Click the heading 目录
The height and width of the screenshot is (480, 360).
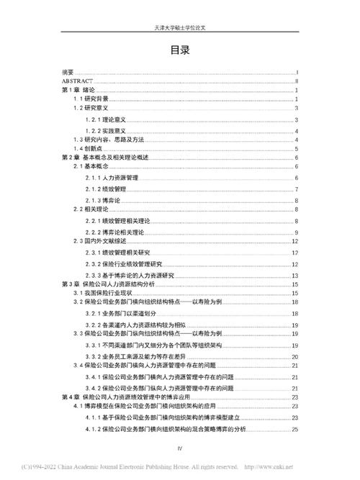click(180, 50)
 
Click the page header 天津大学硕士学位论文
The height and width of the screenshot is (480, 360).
click(180, 27)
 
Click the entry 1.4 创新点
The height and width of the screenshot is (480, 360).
click(89, 148)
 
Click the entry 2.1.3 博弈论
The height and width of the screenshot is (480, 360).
click(104, 199)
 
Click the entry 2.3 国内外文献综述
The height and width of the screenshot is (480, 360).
click(104, 241)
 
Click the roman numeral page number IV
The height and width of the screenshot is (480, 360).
click(180, 449)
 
